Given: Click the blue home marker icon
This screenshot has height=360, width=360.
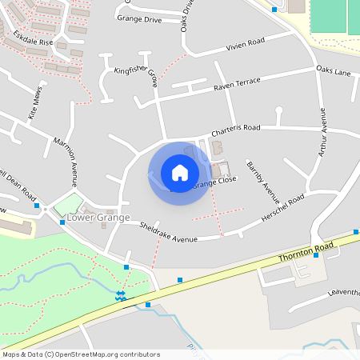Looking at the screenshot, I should click(180, 173).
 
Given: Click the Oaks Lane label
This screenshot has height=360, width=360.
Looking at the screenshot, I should click(333, 71).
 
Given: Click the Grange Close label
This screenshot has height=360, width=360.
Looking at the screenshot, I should click(214, 182).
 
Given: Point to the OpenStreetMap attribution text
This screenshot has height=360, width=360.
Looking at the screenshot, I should click(81, 354).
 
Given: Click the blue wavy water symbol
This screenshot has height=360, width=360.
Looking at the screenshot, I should click(120, 296).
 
